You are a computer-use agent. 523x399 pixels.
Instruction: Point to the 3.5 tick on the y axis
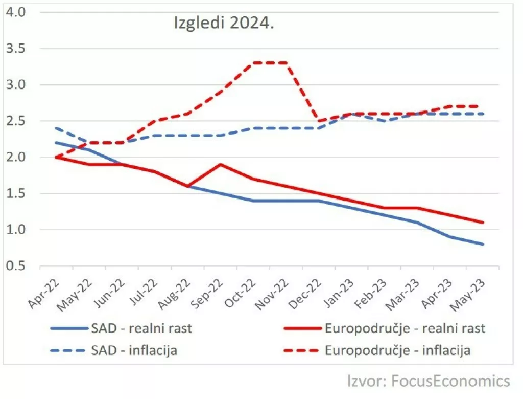[x=16, y=49]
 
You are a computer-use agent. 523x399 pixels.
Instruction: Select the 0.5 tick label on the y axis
[x=16, y=267]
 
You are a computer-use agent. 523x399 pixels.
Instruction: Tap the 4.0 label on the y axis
[x=16, y=12]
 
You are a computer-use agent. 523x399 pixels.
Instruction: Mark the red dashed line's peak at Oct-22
[x=254, y=63]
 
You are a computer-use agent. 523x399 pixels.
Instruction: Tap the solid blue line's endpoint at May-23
[x=483, y=245]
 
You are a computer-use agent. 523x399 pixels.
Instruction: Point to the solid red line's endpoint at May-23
[x=483, y=223]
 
